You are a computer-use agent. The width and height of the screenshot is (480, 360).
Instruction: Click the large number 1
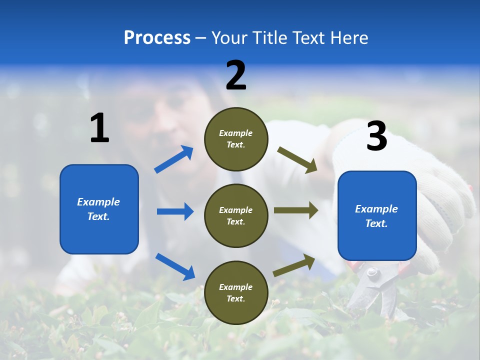99,128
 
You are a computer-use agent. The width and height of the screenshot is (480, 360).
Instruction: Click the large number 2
236,75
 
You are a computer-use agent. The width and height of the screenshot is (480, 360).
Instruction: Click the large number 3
376,136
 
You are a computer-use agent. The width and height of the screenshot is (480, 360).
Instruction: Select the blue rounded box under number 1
99,209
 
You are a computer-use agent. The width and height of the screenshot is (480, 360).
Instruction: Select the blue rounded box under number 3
377,216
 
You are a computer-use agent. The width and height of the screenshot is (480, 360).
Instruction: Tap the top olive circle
236,139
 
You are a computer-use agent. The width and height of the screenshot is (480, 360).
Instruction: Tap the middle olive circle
236,216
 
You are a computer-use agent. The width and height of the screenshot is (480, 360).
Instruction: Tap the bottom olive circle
236,293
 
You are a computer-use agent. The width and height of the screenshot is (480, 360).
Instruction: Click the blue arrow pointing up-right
174,159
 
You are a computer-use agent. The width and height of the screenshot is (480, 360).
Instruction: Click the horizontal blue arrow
175,211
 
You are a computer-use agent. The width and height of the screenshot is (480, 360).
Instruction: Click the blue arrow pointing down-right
175,266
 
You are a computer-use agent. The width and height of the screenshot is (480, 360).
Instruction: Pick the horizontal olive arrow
296,210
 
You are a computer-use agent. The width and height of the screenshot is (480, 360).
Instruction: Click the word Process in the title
157,37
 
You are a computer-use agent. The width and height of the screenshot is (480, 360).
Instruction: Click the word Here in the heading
349,37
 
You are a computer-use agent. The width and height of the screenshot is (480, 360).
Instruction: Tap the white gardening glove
440,200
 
